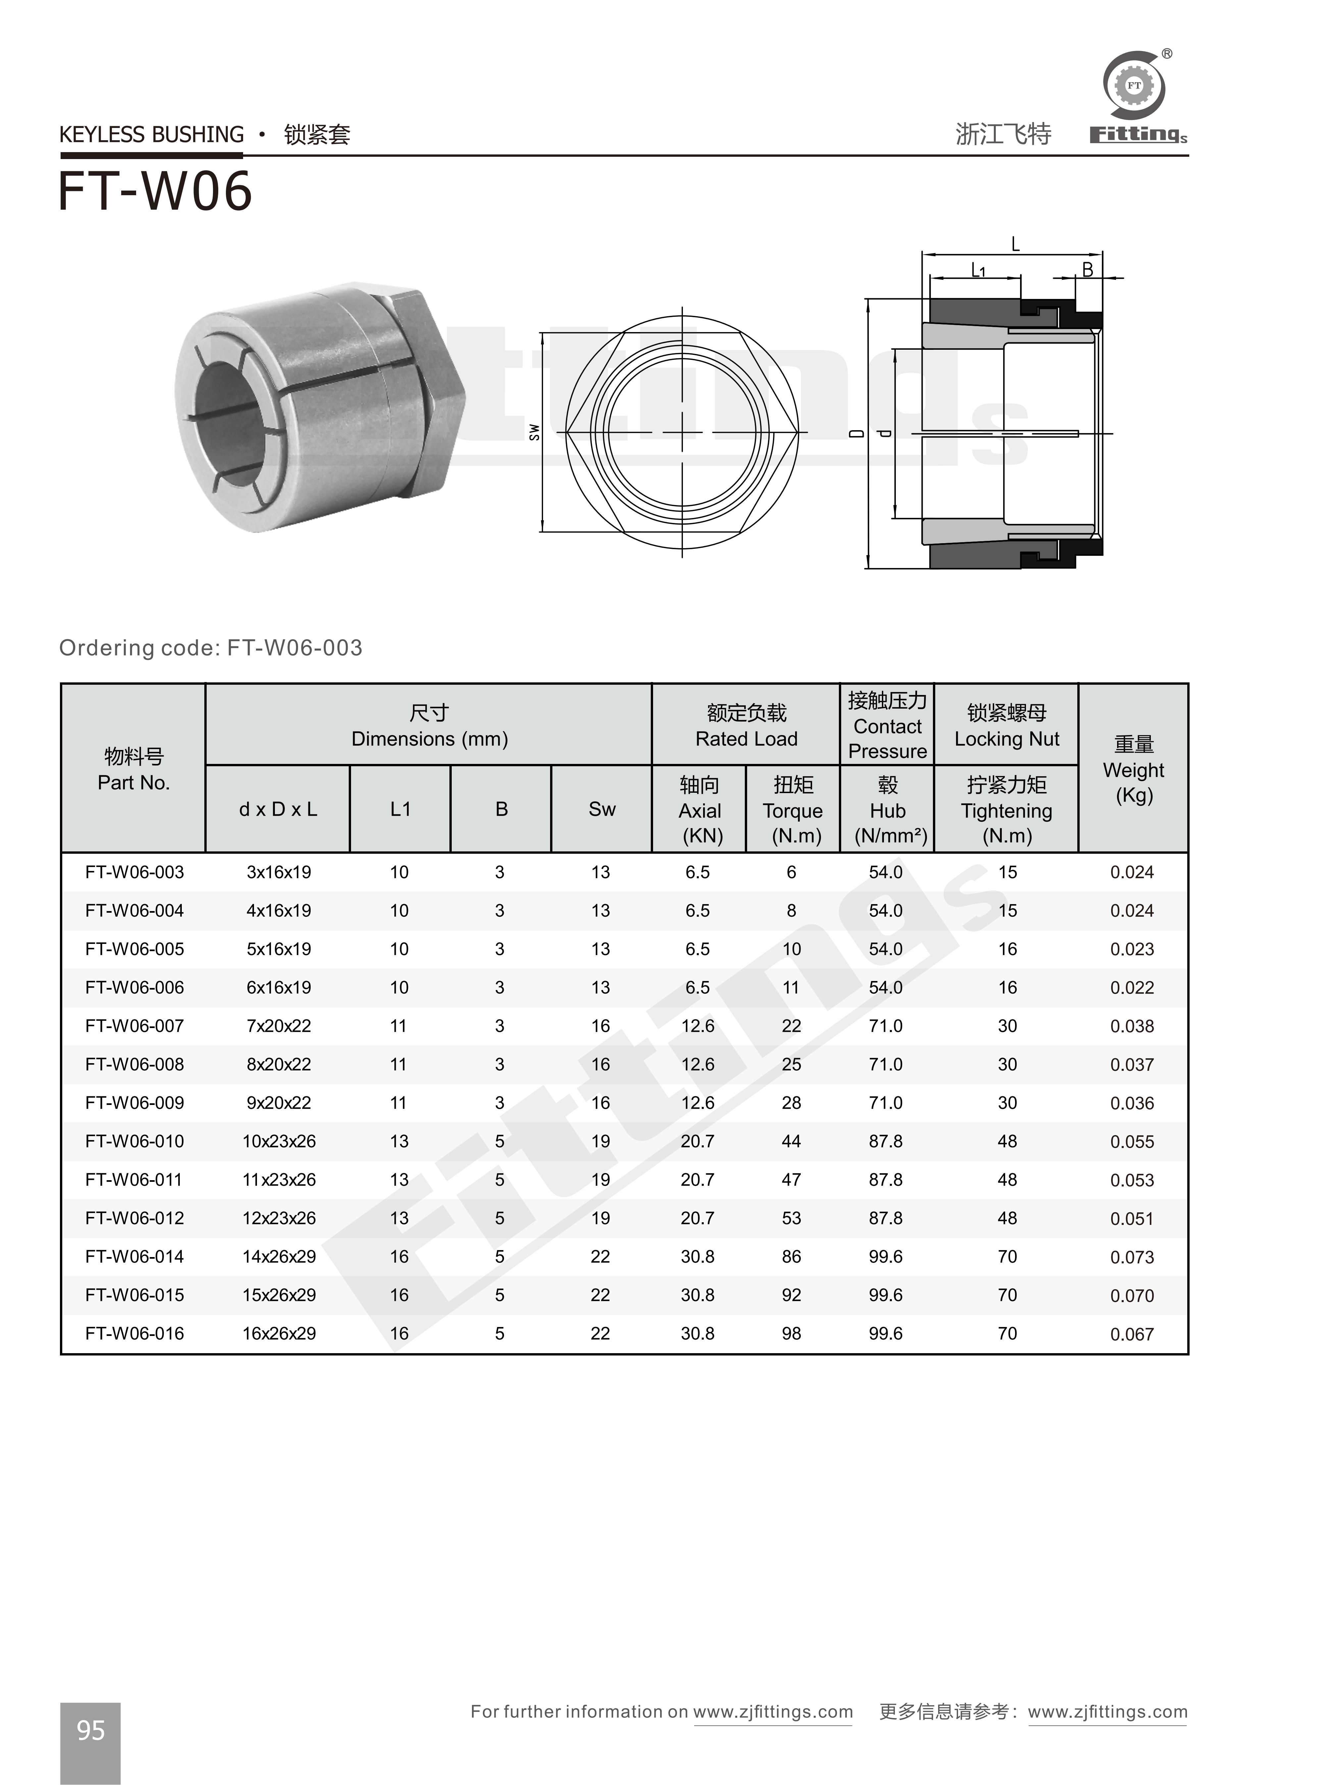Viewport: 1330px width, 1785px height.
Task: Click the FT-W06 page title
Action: coord(155,192)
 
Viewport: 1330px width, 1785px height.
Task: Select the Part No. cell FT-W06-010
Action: coord(134,1141)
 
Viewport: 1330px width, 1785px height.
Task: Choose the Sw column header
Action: coord(601,809)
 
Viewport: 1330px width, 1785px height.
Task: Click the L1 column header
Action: coord(400,809)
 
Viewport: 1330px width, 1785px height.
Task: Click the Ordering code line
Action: coord(211,648)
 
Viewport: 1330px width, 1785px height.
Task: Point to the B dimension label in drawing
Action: coord(1087,270)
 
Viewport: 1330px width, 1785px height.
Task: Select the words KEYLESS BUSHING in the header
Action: coord(151,135)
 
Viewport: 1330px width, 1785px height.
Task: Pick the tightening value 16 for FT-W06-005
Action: coord(1007,949)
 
